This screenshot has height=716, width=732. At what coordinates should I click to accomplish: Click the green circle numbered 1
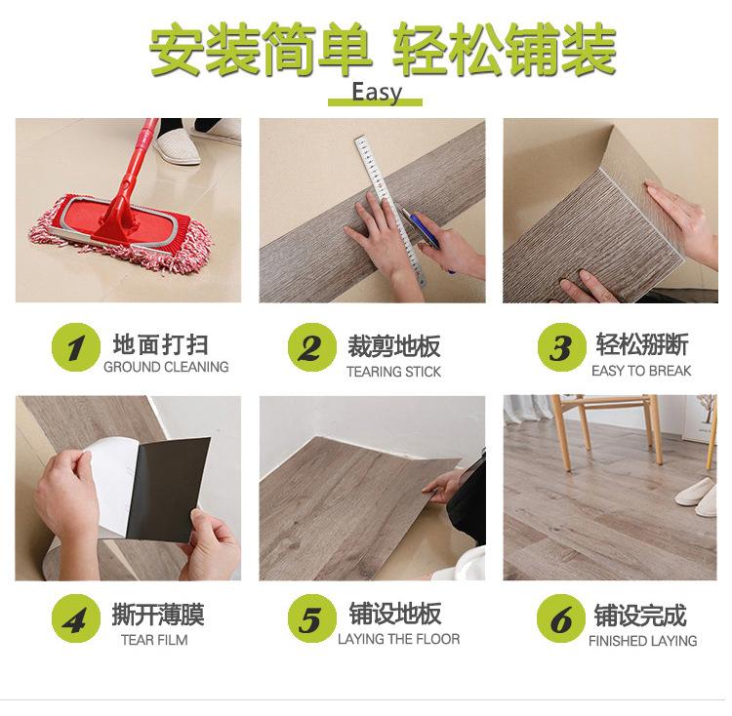pos(75,347)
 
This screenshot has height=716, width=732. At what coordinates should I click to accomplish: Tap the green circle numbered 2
pos(312,347)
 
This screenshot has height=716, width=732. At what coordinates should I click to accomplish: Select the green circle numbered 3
pos(561,347)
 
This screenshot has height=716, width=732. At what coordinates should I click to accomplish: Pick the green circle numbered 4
pos(75,618)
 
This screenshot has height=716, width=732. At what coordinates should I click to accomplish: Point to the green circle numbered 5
pos(312,618)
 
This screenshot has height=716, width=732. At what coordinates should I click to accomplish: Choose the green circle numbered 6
pos(560,618)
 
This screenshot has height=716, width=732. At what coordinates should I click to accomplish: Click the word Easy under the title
pos(377,92)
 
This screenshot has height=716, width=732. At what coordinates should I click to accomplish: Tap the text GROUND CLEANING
pos(166,367)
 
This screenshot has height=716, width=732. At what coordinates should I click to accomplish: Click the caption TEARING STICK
pos(393,372)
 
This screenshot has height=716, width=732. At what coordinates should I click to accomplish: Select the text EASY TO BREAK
pos(641,371)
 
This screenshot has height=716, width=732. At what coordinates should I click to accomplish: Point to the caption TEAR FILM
pos(154,640)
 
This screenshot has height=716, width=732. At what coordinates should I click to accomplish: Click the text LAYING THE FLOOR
pos(398,639)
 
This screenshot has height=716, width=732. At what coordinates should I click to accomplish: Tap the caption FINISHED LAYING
pos(642,641)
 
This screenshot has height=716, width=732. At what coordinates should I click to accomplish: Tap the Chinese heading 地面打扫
pos(160,344)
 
